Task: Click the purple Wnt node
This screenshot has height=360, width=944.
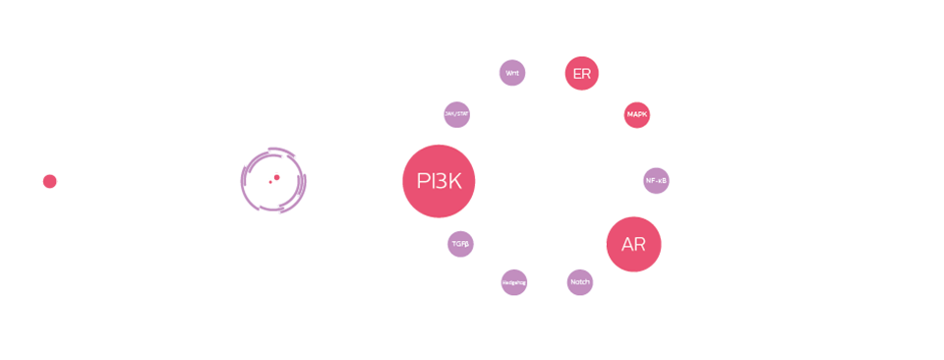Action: (512, 73)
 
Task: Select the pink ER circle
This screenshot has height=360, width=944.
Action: (581, 73)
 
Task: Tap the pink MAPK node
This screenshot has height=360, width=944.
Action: (637, 115)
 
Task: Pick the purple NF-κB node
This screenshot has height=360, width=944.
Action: (656, 181)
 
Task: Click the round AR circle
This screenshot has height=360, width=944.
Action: (633, 244)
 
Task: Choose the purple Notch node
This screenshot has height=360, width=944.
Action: (580, 282)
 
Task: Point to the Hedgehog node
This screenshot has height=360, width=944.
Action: (513, 282)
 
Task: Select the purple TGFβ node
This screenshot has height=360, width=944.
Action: (460, 243)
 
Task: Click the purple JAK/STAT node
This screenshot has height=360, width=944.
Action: (456, 114)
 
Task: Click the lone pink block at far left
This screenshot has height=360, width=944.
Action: (49, 183)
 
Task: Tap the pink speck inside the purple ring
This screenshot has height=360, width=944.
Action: (276, 177)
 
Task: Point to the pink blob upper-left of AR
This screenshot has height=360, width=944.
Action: (602, 222)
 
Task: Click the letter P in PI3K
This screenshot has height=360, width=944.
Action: (423, 181)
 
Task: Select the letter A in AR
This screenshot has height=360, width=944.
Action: (627, 244)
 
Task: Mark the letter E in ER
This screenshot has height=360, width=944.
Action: (575, 73)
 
